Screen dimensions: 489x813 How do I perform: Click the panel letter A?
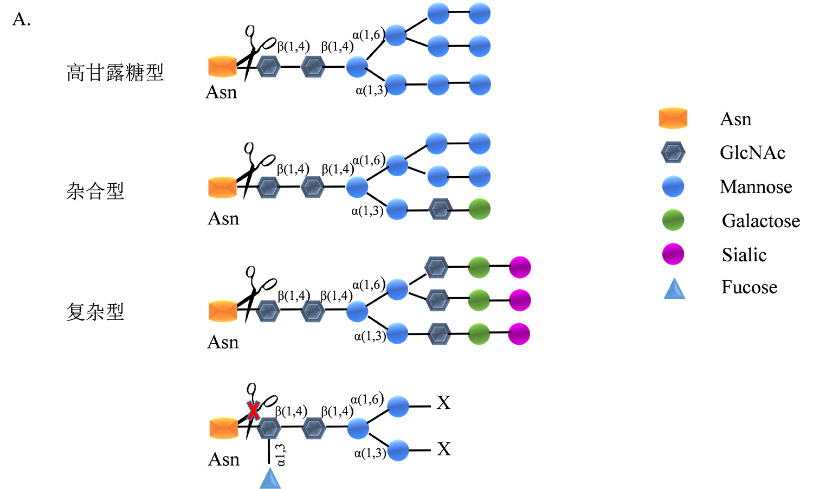point(21,20)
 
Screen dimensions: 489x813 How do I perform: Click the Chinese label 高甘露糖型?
point(115,73)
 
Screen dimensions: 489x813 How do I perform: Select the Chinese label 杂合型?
point(95,191)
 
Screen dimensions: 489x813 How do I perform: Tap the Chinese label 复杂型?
point(95,312)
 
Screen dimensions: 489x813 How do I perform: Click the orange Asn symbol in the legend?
point(673,119)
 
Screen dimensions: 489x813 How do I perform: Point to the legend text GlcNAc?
point(752,153)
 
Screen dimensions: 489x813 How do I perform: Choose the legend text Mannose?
point(756,187)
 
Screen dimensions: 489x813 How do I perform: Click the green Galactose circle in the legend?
point(673,221)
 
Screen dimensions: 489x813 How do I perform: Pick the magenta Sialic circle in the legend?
point(673,254)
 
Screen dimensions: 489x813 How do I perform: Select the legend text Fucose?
point(749,287)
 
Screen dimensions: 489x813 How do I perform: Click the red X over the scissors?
point(253,410)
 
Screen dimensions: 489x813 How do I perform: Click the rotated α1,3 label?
point(281,455)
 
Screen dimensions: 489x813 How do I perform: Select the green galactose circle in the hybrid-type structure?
point(479,209)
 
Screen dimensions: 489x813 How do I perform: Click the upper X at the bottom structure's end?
point(443,403)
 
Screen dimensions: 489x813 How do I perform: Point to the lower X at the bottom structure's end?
point(443,449)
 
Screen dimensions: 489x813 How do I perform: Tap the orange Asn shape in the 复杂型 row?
point(223,311)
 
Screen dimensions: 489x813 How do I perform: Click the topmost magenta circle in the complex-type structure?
point(519,267)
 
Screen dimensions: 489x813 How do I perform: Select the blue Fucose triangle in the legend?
point(674,289)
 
